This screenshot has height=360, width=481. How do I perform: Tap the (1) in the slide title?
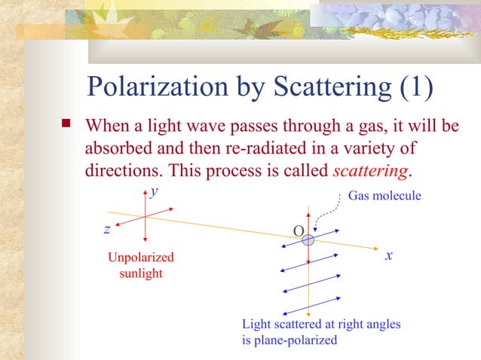(415, 87)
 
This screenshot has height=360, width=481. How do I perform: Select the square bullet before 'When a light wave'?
(67, 122)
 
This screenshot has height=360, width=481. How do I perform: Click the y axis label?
(154, 191)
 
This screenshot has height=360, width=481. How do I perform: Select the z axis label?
(108, 228)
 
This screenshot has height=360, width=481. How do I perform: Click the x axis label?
(388, 255)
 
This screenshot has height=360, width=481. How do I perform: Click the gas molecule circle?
(308, 240)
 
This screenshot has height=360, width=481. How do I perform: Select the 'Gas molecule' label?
(384, 196)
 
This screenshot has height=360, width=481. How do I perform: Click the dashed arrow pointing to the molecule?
(322, 215)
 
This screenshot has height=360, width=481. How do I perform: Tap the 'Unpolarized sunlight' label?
(141, 265)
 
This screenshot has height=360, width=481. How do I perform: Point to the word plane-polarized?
(298, 340)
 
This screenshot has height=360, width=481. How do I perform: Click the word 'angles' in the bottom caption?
(381, 324)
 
